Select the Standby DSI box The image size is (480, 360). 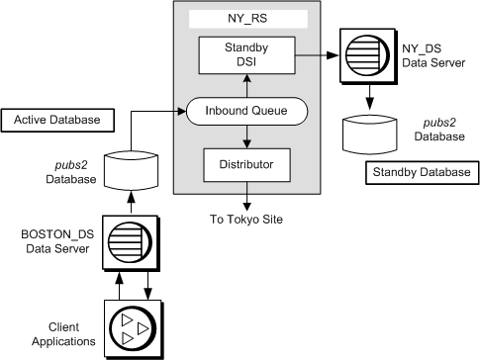[x=246, y=54]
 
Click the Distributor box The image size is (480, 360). [x=246, y=163]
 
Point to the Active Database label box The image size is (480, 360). [x=58, y=121]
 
